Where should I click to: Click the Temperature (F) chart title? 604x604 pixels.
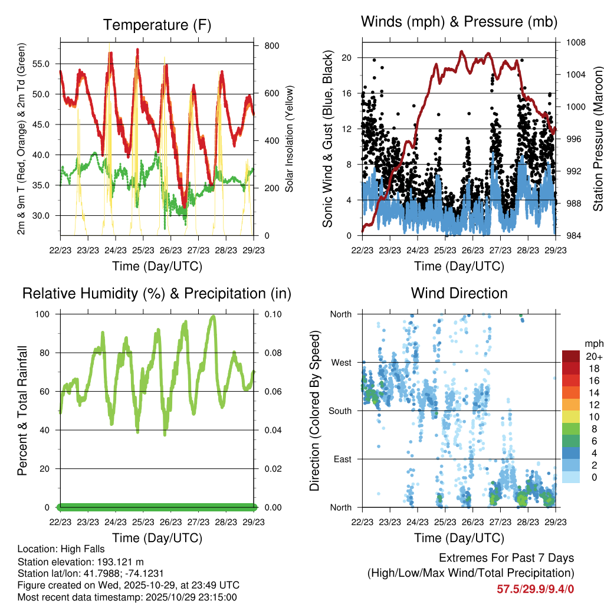point(157,25)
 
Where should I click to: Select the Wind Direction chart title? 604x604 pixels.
point(459,293)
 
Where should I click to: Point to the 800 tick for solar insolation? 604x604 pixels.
point(271,45)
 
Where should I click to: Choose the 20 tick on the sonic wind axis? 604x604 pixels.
point(347,58)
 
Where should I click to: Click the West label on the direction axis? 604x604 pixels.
point(340,362)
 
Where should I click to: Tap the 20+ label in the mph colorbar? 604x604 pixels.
point(594,356)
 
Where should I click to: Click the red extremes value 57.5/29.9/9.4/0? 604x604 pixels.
point(535,589)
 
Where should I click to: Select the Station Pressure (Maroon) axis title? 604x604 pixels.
point(598,139)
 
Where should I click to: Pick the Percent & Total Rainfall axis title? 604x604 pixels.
point(22,411)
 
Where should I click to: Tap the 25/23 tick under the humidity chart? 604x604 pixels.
point(143,522)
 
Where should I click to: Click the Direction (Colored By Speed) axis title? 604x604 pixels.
point(315,411)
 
